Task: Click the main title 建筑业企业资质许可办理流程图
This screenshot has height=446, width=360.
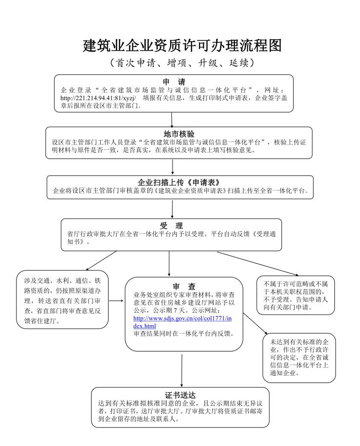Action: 182,46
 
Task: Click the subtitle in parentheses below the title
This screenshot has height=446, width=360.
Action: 182,64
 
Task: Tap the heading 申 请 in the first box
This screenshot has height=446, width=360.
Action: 173,82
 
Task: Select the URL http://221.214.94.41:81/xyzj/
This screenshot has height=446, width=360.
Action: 98,98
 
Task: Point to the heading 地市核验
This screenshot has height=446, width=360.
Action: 179,134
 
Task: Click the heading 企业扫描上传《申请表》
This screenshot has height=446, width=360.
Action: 179,182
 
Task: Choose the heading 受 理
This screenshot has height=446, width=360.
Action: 172,225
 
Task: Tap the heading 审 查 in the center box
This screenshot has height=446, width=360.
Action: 184,286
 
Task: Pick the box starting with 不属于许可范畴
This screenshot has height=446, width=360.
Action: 296,294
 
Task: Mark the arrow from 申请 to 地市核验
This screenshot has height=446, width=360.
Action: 172,119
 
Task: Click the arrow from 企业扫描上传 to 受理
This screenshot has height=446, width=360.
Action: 172,208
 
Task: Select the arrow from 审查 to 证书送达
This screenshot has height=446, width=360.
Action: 182,369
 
